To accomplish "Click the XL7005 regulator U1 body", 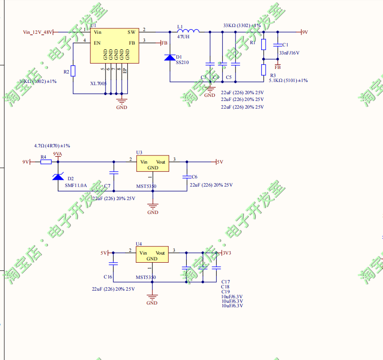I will [x=114, y=45].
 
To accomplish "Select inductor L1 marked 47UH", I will [x=188, y=31].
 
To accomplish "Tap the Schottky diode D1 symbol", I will [x=170, y=58].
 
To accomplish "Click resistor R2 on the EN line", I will [x=73, y=71].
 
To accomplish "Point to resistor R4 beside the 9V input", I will [x=46, y=162].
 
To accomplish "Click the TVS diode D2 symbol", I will [x=58, y=176].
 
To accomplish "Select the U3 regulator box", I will [x=152, y=164].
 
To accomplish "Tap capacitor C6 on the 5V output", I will [x=186, y=177].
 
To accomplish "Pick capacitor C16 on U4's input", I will [x=113, y=264].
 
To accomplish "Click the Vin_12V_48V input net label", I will [x=38, y=32].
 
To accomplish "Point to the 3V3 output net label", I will [x=226, y=253].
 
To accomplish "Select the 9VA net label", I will [x=58, y=154].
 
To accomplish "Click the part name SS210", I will [x=182, y=63].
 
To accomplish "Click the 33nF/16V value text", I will [x=289, y=53].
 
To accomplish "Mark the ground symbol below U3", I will [x=153, y=209].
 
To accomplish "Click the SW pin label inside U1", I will [x=131, y=32].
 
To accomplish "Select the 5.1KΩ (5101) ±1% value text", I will [x=288, y=80].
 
